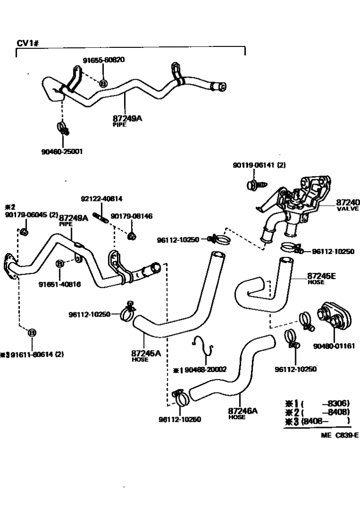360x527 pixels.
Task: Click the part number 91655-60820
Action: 104,60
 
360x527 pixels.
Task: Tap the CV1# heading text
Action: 27,43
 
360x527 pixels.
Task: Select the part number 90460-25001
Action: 62,151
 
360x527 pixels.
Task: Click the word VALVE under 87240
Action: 348,209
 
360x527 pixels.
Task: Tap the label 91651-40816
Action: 59,285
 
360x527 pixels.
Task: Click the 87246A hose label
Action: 242,410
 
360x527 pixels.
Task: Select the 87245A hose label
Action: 145,353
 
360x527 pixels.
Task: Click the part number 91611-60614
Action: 34,354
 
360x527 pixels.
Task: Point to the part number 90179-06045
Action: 24,215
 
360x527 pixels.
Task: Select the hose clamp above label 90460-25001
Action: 62,127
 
